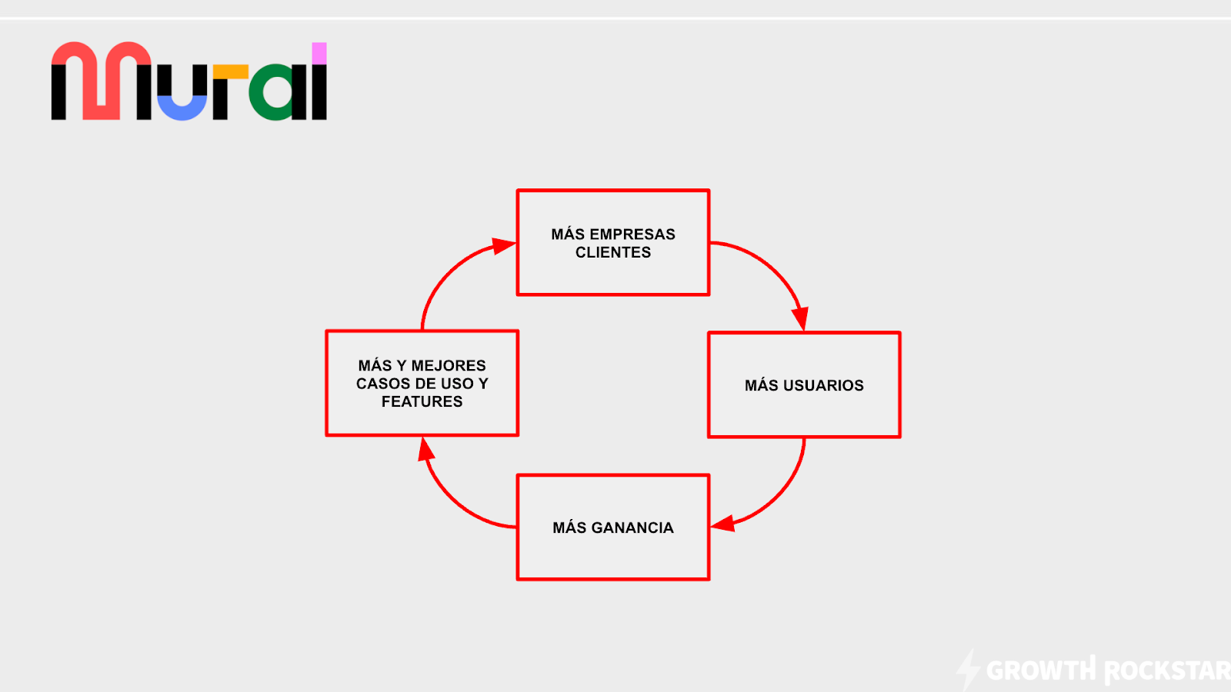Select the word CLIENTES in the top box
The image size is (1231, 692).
tap(613, 253)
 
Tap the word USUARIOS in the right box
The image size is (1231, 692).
tap(823, 385)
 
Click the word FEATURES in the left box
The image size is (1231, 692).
tap(422, 402)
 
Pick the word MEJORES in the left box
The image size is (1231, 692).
tap(449, 366)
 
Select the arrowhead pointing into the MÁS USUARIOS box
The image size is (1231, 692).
tap(801, 318)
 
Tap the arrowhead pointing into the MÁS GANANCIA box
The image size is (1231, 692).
tap(723, 524)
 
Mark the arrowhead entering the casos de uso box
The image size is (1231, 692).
tap(426, 449)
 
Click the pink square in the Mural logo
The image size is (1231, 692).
tap(319, 53)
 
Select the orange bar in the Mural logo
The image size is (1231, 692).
tap(231, 72)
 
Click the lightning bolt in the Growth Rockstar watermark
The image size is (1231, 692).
tap(969, 669)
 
